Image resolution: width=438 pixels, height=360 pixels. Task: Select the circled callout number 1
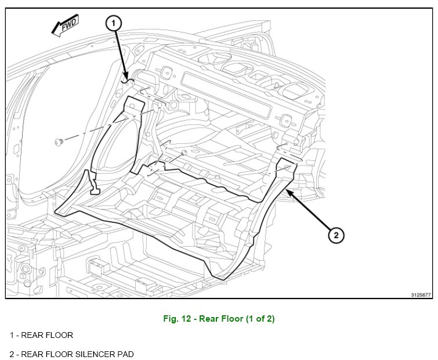point(114,23)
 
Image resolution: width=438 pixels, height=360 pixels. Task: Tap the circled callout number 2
point(336,235)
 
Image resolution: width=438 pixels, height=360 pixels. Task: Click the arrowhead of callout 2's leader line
point(287,189)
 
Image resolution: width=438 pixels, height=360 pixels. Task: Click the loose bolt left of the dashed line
point(58,141)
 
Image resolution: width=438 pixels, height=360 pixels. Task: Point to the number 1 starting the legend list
point(12,336)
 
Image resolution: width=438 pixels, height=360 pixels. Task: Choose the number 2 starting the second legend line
point(12,353)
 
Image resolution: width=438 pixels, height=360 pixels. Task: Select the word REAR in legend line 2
point(31,353)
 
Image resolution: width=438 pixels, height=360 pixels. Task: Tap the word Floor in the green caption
point(236,319)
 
